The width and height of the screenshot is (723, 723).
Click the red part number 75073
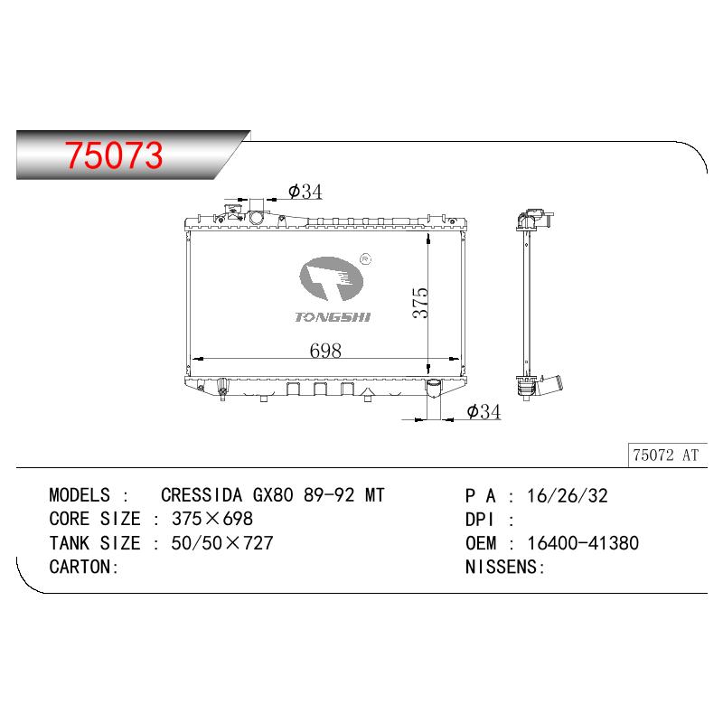(x=114, y=155)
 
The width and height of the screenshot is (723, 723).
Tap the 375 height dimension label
(x=420, y=303)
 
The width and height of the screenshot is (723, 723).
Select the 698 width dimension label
(x=325, y=351)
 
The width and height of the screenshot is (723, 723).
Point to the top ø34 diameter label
(x=305, y=192)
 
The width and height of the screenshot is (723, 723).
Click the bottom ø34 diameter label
(x=484, y=411)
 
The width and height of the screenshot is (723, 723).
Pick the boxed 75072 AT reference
(x=666, y=455)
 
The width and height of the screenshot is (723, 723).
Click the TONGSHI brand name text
(x=333, y=317)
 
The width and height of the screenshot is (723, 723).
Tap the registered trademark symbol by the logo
(x=365, y=259)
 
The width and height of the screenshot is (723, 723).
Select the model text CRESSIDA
(x=202, y=495)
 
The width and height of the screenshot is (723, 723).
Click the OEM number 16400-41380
(x=583, y=543)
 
